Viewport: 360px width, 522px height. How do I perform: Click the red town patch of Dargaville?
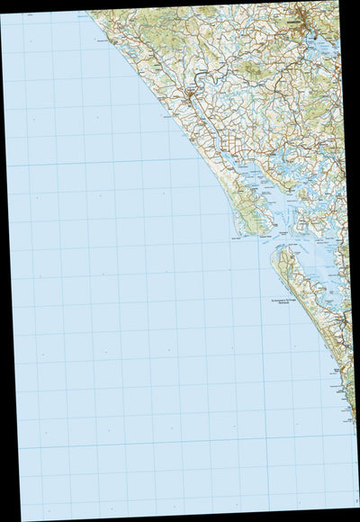[x=193, y=93]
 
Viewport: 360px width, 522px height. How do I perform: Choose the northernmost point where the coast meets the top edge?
[x=88, y=12]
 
